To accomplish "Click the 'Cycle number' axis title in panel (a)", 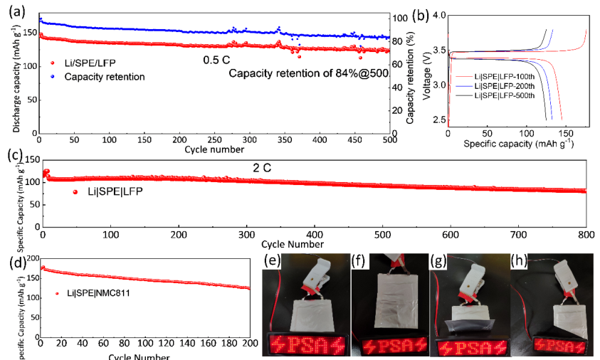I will (214, 149).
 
